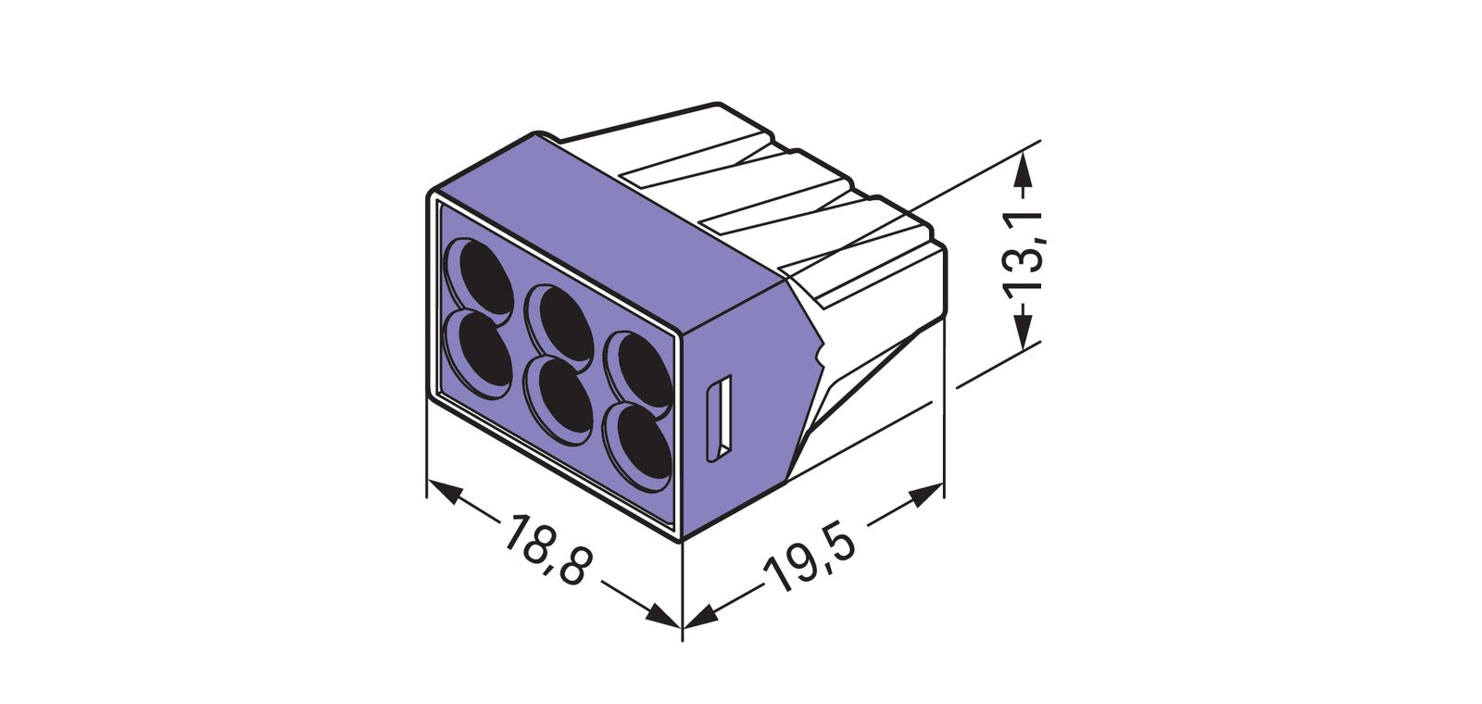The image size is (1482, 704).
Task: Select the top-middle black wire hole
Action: [560, 324]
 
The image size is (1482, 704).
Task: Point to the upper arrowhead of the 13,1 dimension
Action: [1023, 171]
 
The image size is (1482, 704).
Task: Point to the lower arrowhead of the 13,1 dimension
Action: [1023, 331]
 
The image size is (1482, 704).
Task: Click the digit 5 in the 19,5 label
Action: [837, 544]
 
